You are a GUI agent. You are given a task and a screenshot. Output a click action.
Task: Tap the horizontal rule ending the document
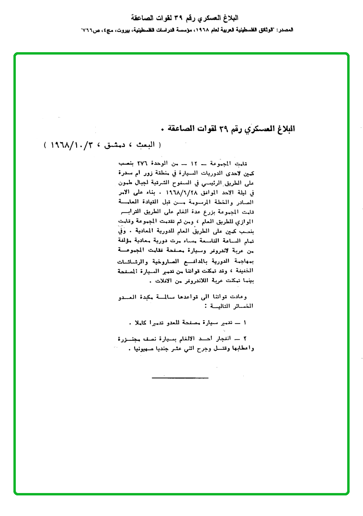coord(180,378)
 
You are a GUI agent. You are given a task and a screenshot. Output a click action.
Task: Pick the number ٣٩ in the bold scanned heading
coord(224,128)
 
